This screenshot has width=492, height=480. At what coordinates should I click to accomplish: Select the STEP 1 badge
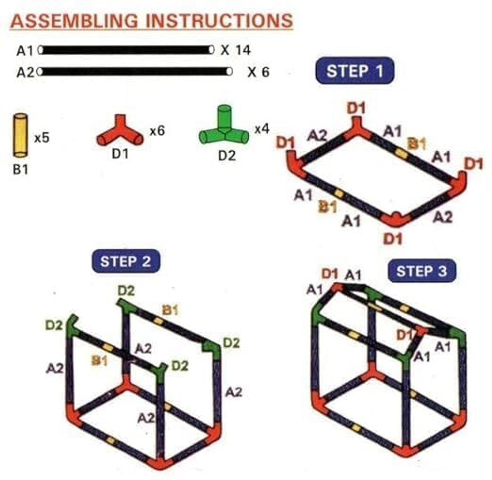(355, 71)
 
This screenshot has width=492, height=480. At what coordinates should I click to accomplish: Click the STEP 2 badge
(126, 261)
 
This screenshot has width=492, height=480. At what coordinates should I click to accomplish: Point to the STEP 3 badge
(422, 271)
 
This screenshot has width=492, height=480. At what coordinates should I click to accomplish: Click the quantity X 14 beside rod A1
(236, 50)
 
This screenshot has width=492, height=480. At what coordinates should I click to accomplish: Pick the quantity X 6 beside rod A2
(258, 72)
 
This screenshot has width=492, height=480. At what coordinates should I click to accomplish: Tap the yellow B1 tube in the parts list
(20, 135)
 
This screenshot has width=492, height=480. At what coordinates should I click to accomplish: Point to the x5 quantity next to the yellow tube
(42, 138)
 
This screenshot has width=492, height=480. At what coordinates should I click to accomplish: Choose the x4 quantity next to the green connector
(262, 129)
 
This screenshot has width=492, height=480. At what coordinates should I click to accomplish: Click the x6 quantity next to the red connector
(157, 131)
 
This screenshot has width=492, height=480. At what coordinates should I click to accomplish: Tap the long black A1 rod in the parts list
(126, 50)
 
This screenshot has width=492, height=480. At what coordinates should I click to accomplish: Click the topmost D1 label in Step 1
(356, 108)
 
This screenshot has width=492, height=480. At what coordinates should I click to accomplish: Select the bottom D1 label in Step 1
(393, 240)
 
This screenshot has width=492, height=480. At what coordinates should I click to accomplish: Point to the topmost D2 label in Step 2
(126, 290)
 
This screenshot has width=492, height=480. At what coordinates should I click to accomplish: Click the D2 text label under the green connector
(227, 156)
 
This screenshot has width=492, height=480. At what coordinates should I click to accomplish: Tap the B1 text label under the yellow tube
(20, 170)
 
